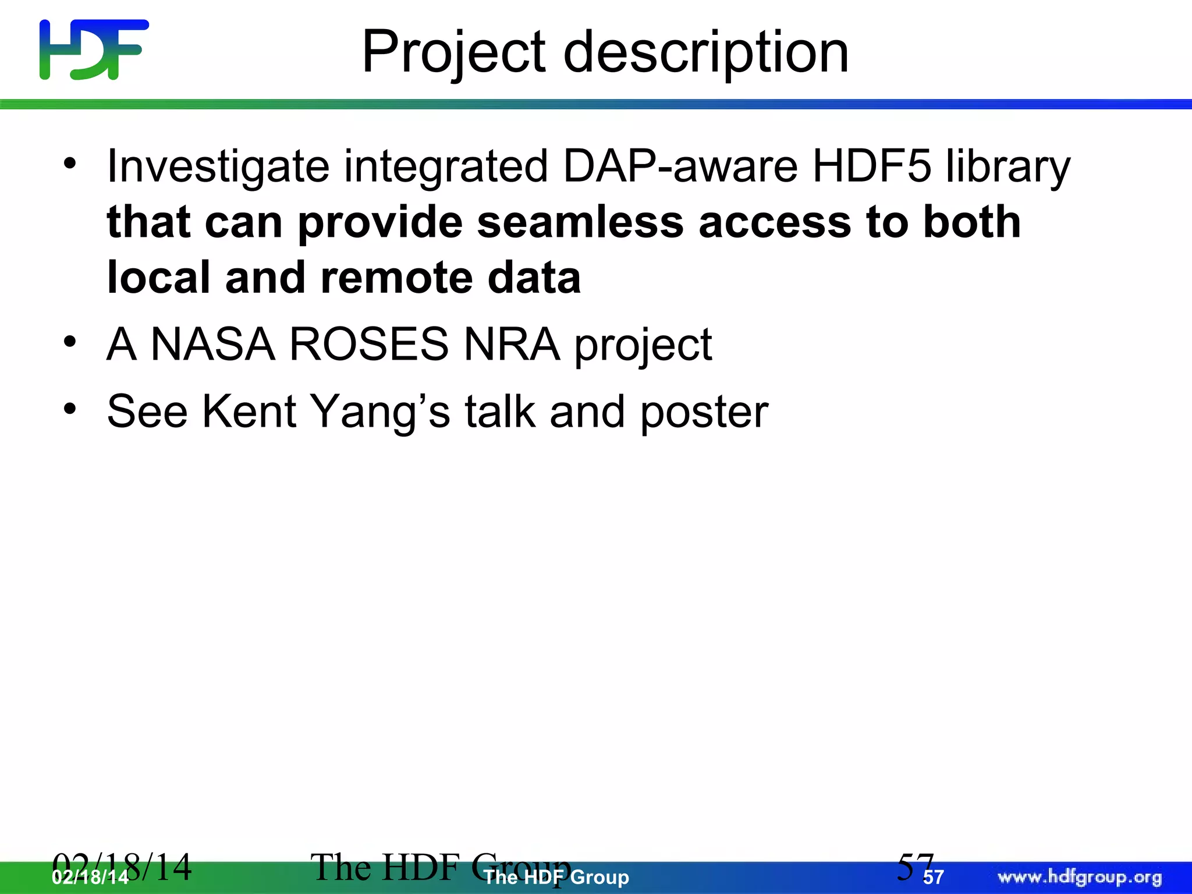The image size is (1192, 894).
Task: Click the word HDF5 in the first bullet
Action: tap(871, 166)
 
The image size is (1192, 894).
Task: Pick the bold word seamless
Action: tap(580, 222)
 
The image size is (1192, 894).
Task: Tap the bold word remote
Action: tap(396, 278)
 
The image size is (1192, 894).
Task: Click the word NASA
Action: tap(212, 344)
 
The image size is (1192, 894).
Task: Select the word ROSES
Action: tap(368, 344)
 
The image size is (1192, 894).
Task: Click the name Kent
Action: tap(249, 411)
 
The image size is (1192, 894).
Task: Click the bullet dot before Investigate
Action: tap(70, 164)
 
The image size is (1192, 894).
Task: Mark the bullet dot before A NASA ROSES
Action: tap(70, 342)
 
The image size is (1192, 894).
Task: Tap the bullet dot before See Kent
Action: tap(70, 409)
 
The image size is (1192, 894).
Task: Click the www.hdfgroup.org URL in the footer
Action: tap(1079, 877)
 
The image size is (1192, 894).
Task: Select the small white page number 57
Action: tap(933, 878)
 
